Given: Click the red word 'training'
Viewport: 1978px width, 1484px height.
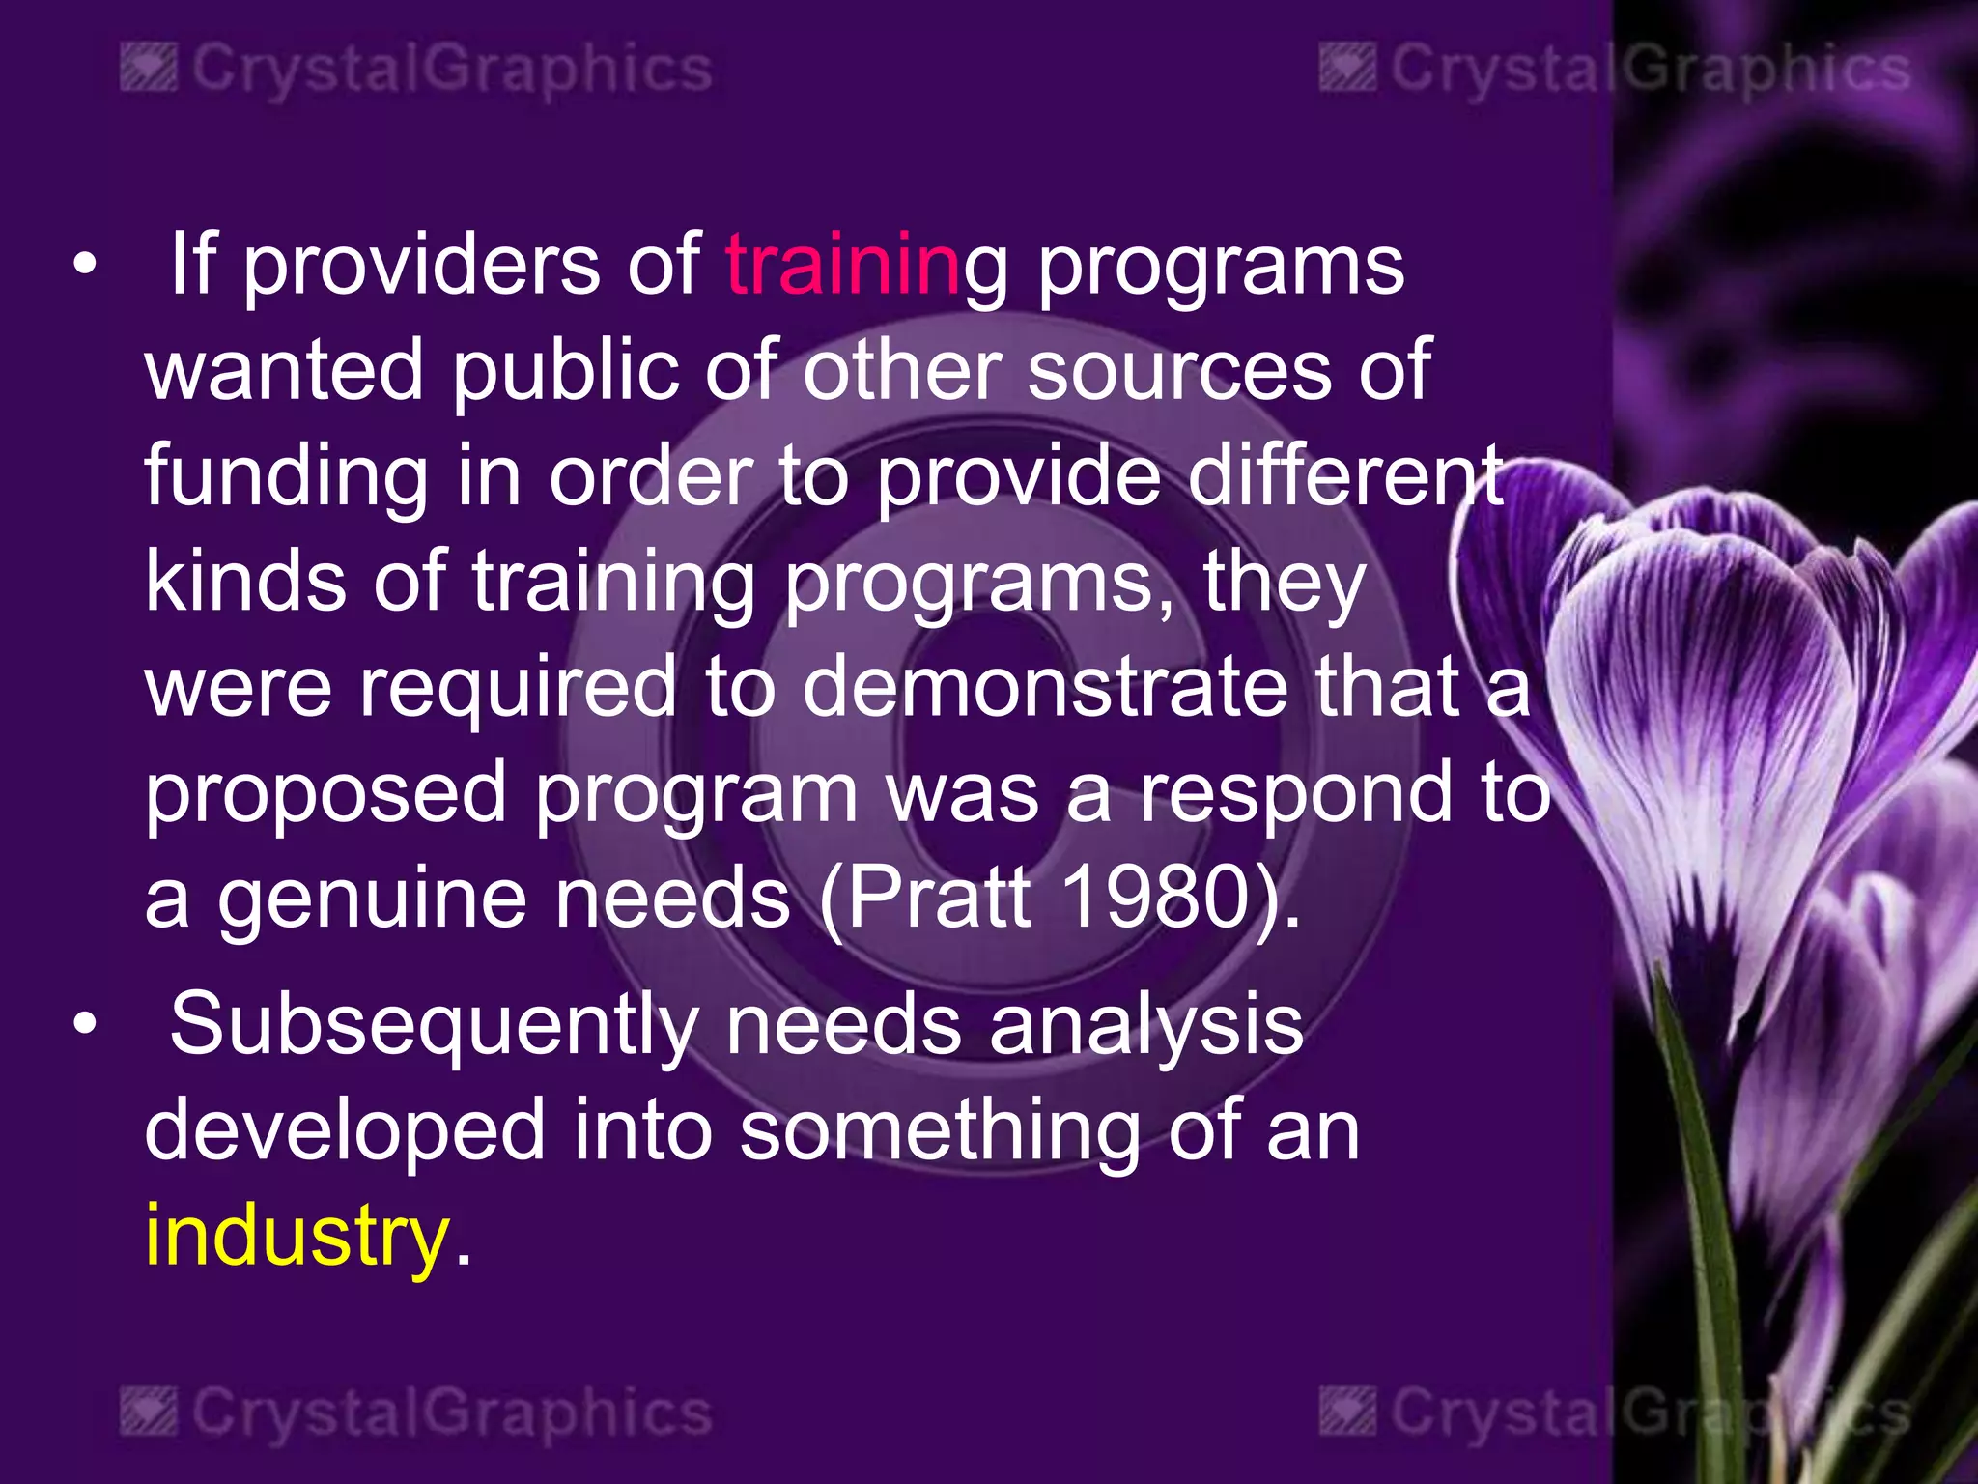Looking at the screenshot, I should pos(842,267).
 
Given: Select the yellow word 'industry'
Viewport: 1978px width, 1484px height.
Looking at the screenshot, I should pos(297,1237).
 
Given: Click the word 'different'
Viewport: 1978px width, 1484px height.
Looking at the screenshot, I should pos(1345,475).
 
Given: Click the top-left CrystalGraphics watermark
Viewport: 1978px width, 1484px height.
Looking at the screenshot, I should pos(416,70).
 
